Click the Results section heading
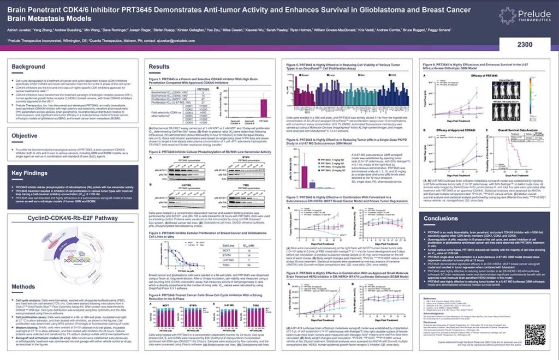[x=159, y=67]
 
